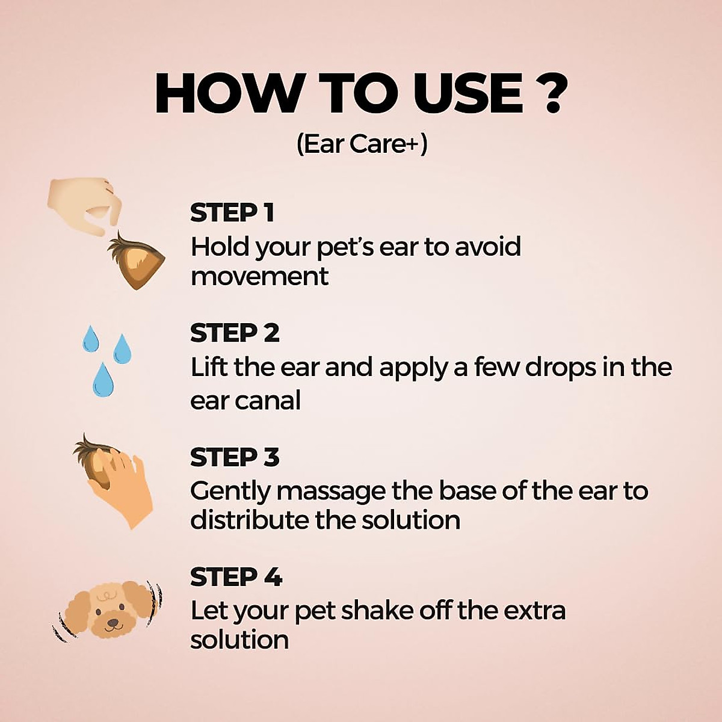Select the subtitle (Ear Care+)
(x=362, y=144)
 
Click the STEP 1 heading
(x=232, y=212)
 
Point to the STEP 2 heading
(x=235, y=333)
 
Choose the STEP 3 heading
(x=235, y=457)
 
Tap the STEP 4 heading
(x=236, y=578)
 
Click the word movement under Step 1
(x=259, y=276)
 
